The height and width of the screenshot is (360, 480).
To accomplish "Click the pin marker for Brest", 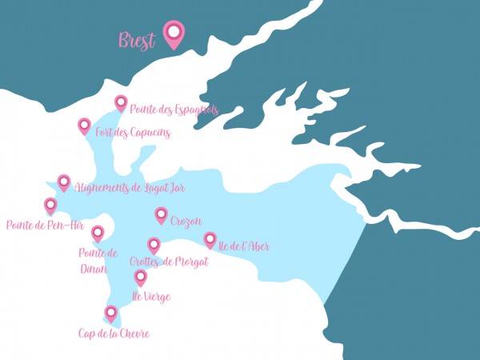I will tap(174, 33).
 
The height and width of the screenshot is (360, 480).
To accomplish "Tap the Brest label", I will tap(137, 41).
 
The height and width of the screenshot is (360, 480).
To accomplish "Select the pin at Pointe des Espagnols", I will tap(121, 102).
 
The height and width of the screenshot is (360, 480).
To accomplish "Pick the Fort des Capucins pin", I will tap(84, 125).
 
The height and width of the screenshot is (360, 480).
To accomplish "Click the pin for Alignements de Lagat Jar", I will tap(64, 182).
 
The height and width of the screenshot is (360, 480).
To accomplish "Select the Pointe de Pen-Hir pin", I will tap(50, 205).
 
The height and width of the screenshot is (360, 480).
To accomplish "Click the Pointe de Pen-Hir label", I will tap(45, 225).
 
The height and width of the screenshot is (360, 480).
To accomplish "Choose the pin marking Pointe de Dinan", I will tap(98, 233).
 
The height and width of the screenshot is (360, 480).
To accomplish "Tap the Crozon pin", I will tap(161, 214).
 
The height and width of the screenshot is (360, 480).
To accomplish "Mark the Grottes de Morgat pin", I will tap(154, 245).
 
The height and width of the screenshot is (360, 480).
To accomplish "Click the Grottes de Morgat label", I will tap(169, 262).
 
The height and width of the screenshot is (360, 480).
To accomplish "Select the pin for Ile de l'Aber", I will tap(210, 238).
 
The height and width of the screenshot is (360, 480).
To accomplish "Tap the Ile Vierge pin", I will tap(141, 277).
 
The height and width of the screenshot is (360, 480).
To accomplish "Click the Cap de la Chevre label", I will tap(114, 334).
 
